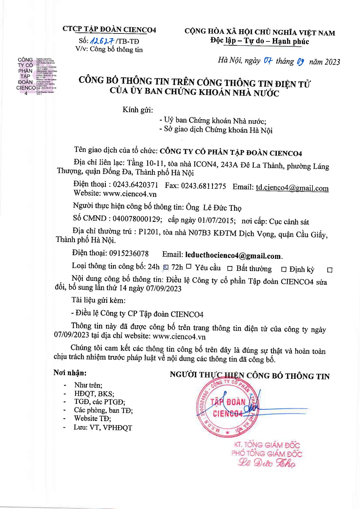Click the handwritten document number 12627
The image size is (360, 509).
point(102,41)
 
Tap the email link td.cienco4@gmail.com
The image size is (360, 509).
point(292,188)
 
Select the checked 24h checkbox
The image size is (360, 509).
point(166,267)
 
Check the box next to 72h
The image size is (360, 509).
point(189,267)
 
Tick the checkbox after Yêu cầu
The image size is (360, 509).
point(230,269)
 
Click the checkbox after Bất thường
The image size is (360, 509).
point(284,269)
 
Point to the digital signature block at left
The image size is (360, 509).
point(36,76)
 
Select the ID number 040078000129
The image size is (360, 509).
point(137,219)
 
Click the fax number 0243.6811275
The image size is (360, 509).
point(203,186)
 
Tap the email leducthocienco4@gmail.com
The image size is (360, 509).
point(233,256)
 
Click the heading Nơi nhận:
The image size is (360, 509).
point(70,373)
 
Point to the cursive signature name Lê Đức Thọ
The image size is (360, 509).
point(267,463)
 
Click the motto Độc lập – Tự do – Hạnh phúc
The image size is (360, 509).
point(260,41)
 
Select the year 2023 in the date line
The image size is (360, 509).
point(332,62)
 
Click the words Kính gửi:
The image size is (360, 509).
point(138,110)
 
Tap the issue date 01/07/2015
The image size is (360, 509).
point(217,220)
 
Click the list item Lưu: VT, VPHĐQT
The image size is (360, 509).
point(103,427)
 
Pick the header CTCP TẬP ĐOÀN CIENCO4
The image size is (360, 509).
point(109,30)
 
